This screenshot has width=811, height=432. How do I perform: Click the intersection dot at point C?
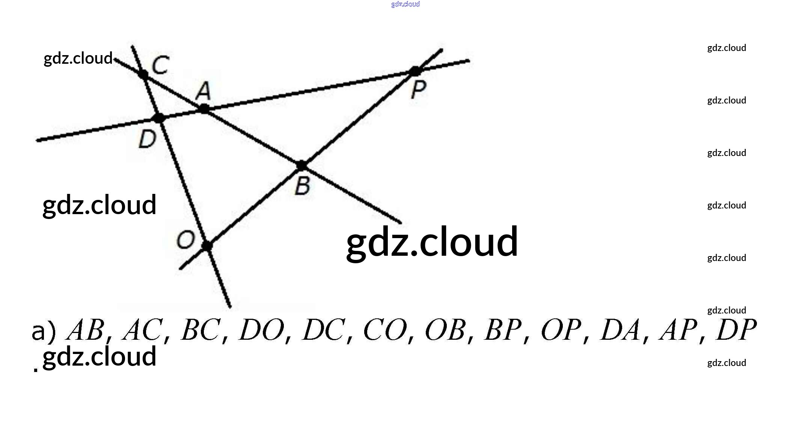143,74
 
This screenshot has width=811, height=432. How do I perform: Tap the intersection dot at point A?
204,109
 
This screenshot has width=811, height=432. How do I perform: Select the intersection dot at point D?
159,118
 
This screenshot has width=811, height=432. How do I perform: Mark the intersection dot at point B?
301,165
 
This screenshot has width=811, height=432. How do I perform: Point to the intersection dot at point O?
207,246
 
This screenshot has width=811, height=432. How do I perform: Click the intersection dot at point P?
415,71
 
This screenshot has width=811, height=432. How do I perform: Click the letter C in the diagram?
160,64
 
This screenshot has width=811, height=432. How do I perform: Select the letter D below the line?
147,139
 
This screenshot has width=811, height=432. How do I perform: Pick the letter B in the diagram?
303,186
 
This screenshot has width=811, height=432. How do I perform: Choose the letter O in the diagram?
185,240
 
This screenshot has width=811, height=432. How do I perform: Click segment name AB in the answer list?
86,330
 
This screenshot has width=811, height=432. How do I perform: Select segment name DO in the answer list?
262,330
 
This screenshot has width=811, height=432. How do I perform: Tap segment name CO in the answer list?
385,330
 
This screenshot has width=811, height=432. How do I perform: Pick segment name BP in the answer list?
503,330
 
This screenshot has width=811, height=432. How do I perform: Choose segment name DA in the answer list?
620,330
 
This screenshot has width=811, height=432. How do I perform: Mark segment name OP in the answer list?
561,330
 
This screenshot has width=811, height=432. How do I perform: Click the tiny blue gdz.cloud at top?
405,4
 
